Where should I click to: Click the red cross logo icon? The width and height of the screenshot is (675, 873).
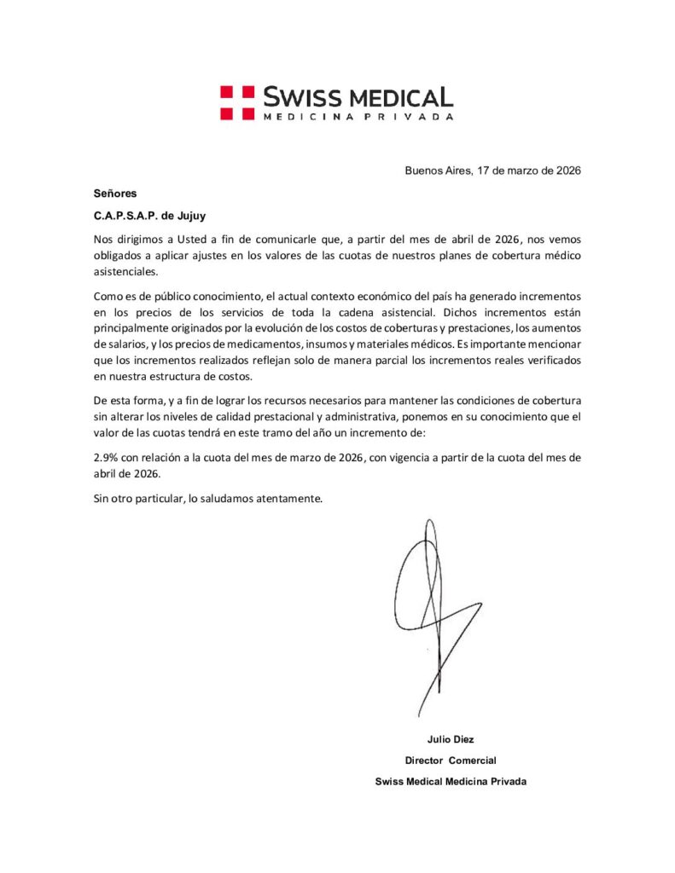pos(236,101)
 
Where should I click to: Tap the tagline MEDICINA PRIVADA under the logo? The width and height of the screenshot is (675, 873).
pos(358,116)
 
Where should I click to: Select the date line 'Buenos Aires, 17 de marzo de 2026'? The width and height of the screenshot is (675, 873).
pos(492,171)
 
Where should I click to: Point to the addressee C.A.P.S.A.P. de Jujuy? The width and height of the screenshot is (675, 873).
pos(149,215)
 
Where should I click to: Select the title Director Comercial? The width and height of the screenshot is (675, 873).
pos(451,760)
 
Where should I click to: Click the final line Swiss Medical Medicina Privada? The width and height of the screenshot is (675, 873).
pos(451,781)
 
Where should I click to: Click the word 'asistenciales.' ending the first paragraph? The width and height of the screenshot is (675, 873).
pos(126,271)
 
